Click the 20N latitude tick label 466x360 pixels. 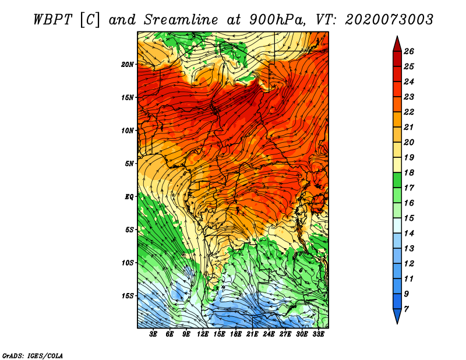[x=127, y=64]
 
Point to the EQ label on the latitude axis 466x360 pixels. [x=129, y=197]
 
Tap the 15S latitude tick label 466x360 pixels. [x=128, y=296]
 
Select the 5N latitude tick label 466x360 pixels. [x=129, y=164]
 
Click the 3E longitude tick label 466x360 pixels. [x=153, y=334]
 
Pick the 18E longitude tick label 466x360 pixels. [x=236, y=334]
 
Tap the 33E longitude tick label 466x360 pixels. [x=318, y=334]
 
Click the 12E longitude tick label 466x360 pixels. [x=203, y=334]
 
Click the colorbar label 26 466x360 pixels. [x=409, y=51]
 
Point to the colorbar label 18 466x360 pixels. [x=409, y=172]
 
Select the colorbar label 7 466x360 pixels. [x=407, y=309]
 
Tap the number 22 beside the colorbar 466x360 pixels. [x=409, y=112]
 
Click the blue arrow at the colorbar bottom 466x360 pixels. [x=397, y=316]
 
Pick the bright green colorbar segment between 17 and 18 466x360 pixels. [x=397, y=180]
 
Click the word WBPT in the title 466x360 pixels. [x=52, y=20]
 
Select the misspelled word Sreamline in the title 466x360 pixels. [x=181, y=20]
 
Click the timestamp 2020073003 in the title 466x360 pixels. [x=389, y=20]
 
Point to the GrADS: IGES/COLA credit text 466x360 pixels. [x=33, y=355]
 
